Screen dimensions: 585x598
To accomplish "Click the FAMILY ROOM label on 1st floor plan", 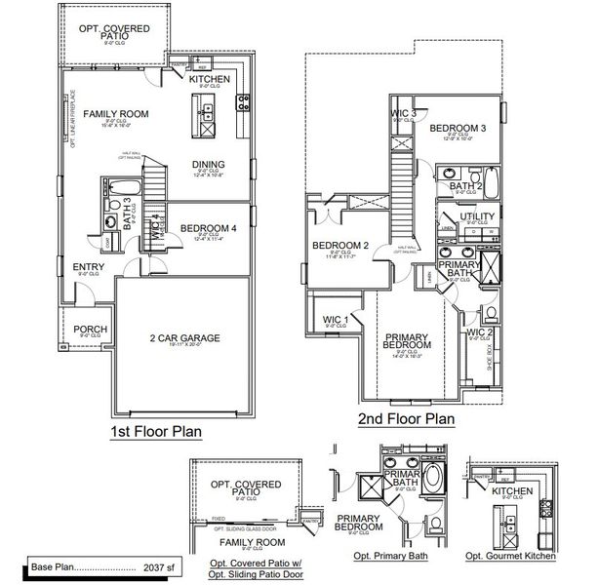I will (x=115, y=114).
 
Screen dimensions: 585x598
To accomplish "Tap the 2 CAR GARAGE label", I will (x=184, y=338).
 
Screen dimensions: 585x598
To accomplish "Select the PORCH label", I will (x=91, y=329).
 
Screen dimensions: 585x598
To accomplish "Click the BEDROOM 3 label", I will (x=458, y=128).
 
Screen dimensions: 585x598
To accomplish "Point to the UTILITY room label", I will (x=478, y=216).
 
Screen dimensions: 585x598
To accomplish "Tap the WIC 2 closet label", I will (x=479, y=332).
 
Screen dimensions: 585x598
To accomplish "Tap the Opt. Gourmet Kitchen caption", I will (x=514, y=556).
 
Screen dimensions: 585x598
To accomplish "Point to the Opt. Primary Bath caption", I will (x=390, y=556).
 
